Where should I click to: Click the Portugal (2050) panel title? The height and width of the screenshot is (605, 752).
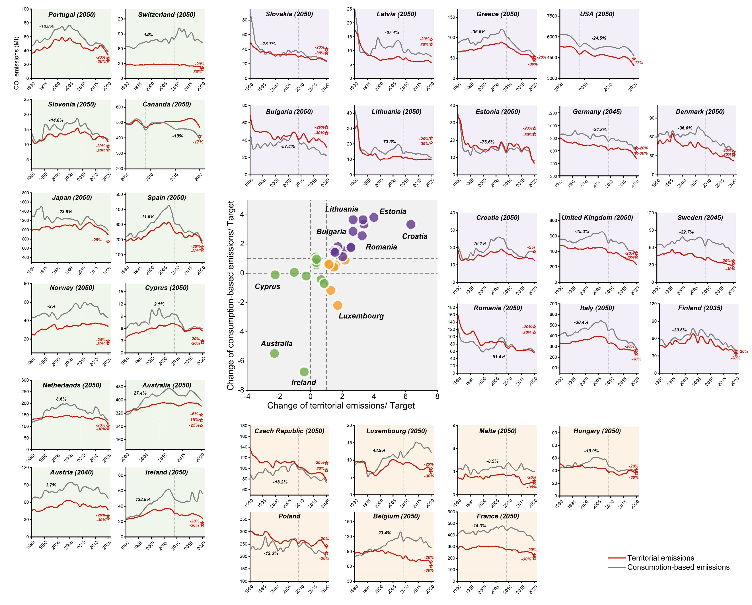[x=72, y=15]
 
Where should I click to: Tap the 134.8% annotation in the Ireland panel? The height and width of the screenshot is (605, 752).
[x=143, y=500]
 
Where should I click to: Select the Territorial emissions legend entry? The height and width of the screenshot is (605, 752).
[x=661, y=558]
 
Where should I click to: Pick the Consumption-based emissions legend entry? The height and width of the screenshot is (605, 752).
[x=678, y=567]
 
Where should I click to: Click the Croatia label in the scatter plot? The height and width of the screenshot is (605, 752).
[x=414, y=236]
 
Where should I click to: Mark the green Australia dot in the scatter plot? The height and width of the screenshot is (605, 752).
[x=274, y=353]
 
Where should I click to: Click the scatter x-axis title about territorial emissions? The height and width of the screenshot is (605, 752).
[x=341, y=405]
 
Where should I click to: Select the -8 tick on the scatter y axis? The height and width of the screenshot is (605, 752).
[x=241, y=390]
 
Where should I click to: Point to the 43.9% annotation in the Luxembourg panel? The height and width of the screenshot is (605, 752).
[x=379, y=450]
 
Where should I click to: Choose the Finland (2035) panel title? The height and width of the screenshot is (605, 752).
[x=700, y=308]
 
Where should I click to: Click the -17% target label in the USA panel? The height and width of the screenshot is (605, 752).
[x=638, y=63]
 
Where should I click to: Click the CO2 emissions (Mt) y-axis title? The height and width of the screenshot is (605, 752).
[x=17, y=63]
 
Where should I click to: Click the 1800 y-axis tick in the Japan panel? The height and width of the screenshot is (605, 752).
[x=24, y=193]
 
